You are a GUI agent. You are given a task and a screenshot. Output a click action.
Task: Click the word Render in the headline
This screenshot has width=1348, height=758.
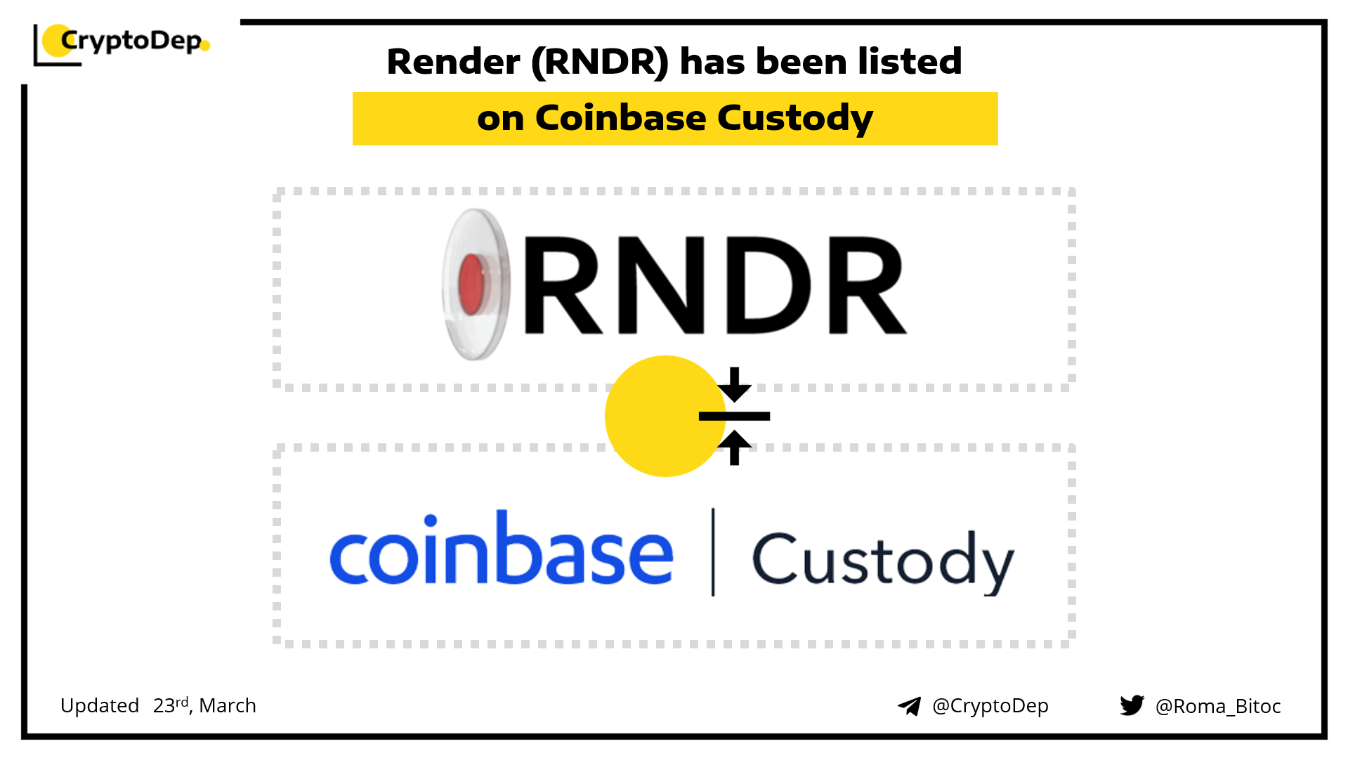pyautogui.click(x=453, y=62)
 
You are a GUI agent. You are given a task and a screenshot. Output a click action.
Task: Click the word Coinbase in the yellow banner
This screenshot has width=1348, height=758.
pyautogui.click(x=620, y=117)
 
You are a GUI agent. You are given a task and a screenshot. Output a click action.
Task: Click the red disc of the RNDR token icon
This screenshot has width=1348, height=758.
pyautogui.click(x=471, y=284)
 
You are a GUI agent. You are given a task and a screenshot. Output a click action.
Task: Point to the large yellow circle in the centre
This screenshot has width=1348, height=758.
pyautogui.click(x=665, y=416)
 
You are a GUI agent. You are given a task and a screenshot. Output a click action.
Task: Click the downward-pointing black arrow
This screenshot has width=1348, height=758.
pyautogui.click(x=735, y=384)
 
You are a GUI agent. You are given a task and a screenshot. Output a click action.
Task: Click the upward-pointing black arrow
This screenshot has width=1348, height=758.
pyautogui.click(x=735, y=448)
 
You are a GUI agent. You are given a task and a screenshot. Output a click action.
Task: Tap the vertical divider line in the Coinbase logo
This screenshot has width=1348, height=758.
pyautogui.click(x=713, y=552)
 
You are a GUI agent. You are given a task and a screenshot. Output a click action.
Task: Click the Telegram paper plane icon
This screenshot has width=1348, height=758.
pyautogui.click(x=910, y=706)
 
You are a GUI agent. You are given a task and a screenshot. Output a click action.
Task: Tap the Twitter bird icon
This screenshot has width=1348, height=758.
pyautogui.click(x=1132, y=705)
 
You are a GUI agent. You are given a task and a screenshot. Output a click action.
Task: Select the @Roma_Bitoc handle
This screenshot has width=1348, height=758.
pyautogui.click(x=1218, y=706)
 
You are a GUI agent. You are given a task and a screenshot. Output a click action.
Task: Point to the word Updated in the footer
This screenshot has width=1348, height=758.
pyautogui.click(x=100, y=705)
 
